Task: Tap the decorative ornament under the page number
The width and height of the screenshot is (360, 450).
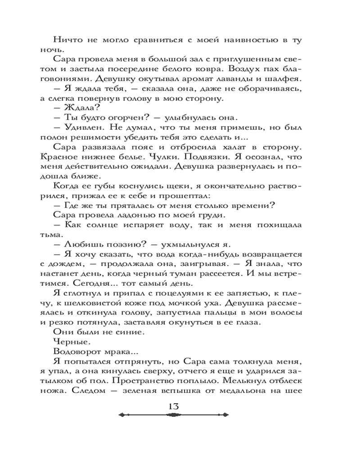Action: (174, 416)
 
